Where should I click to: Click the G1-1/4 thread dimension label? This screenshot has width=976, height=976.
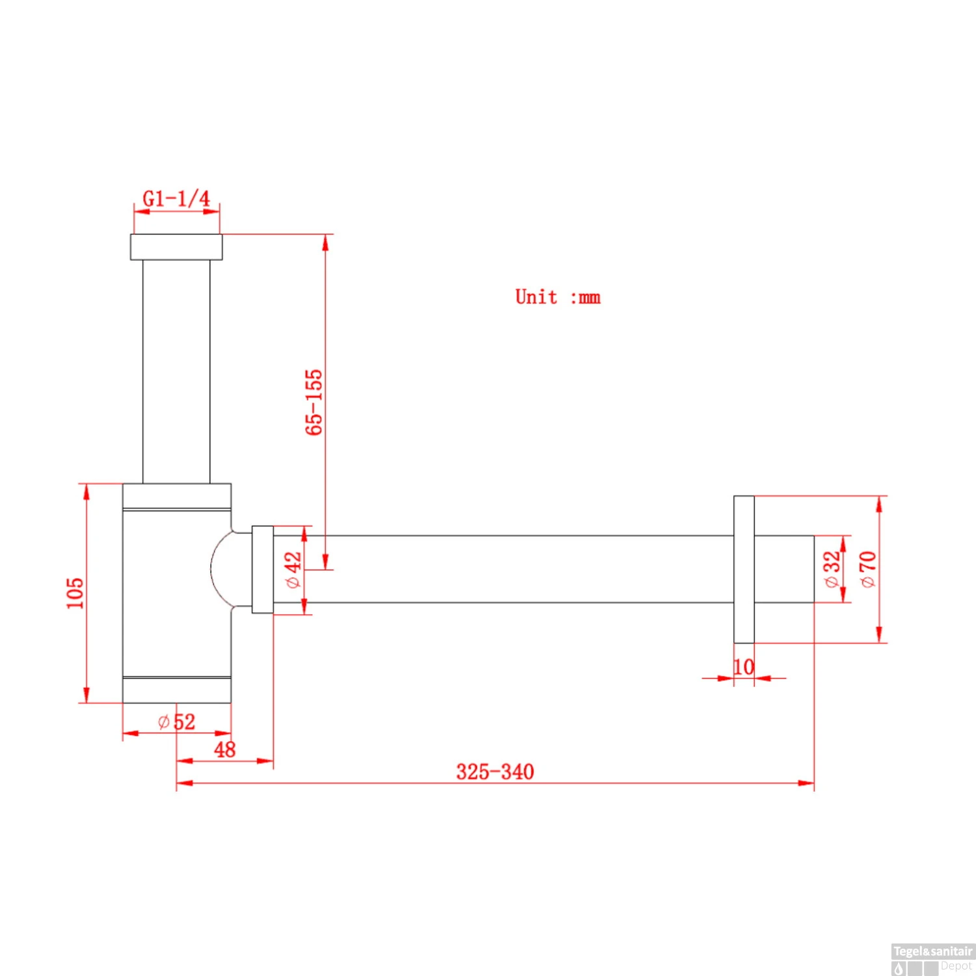tap(176, 198)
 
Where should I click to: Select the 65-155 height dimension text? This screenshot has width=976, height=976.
tap(314, 402)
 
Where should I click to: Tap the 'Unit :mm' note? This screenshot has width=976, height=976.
tap(558, 297)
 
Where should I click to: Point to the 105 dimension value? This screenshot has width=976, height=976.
tap(75, 593)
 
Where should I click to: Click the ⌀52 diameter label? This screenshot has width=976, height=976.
tap(176, 722)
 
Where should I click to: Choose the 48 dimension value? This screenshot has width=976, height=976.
tap(224, 750)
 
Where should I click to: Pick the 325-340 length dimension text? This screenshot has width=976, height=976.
tap(495, 772)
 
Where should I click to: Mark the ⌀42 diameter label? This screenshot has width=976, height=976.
tap(293, 570)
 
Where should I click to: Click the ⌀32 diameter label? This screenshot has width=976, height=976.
tap(832, 569)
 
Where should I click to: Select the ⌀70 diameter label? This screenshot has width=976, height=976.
tap(868, 569)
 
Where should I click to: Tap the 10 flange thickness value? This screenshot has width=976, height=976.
tap(744, 667)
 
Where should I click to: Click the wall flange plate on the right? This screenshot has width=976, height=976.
tap(744, 569)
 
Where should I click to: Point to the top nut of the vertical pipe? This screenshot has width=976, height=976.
tap(176, 247)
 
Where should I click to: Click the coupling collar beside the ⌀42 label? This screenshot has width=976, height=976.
tap(262, 569)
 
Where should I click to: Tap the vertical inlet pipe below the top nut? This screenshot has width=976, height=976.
tap(176, 371)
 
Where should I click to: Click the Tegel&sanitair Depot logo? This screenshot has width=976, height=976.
tap(932, 958)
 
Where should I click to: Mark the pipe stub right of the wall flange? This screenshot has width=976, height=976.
tap(784, 569)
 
